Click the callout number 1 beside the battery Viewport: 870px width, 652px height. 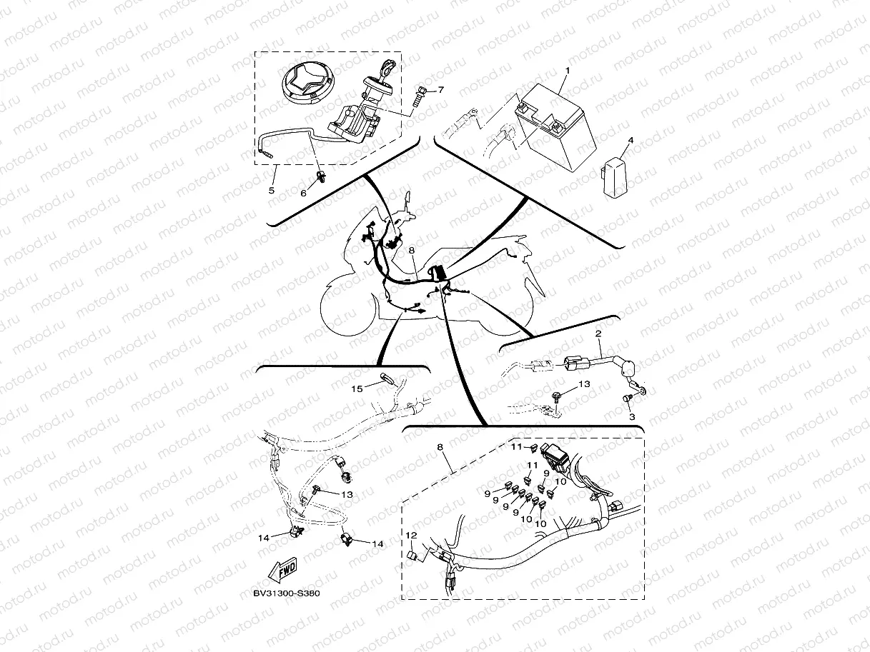click(x=567, y=71)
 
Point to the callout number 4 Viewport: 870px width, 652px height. click(x=631, y=140)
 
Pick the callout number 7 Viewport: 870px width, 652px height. click(x=440, y=90)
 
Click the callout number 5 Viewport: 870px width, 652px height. click(x=272, y=190)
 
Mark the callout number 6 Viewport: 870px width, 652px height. click(x=303, y=193)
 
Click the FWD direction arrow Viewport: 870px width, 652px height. click(x=283, y=571)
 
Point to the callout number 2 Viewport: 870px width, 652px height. click(x=598, y=333)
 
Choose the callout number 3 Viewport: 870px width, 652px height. click(x=631, y=416)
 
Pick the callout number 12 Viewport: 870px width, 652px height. click(x=411, y=535)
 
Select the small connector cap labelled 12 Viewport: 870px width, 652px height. click(x=412, y=556)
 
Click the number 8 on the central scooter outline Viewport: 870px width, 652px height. click(x=412, y=251)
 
